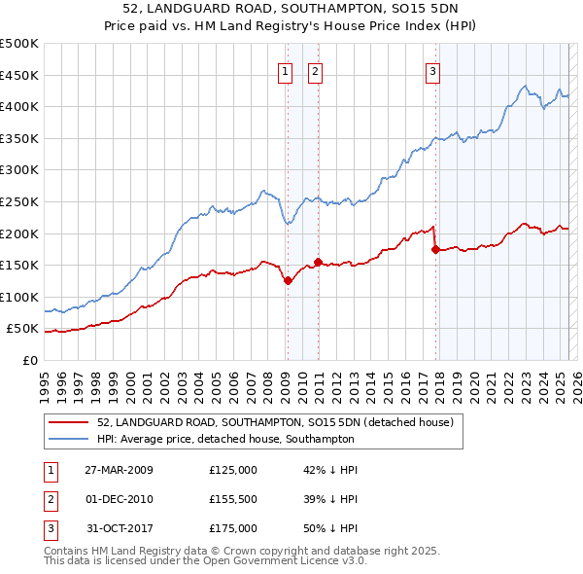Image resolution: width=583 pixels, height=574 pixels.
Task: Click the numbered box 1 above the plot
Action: (x=286, y=70)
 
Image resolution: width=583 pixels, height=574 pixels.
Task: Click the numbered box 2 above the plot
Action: (x=316, y=70)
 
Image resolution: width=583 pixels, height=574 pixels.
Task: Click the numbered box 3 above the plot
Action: (x=432, y=70)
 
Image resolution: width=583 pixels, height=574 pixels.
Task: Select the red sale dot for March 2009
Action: (x=288, y=281)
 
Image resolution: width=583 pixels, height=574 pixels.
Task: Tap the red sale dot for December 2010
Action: (x=318, y=262)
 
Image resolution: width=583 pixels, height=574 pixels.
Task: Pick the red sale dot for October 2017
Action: (x=435, y=249)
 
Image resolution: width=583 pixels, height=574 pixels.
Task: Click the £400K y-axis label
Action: (x=18, y=106)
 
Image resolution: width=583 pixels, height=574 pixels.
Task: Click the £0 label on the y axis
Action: (x=29, y=361)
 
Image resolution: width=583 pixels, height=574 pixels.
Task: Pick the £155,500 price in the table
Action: (x=233, y=499)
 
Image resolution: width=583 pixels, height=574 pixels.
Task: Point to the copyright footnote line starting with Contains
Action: (x=242, y=551)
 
